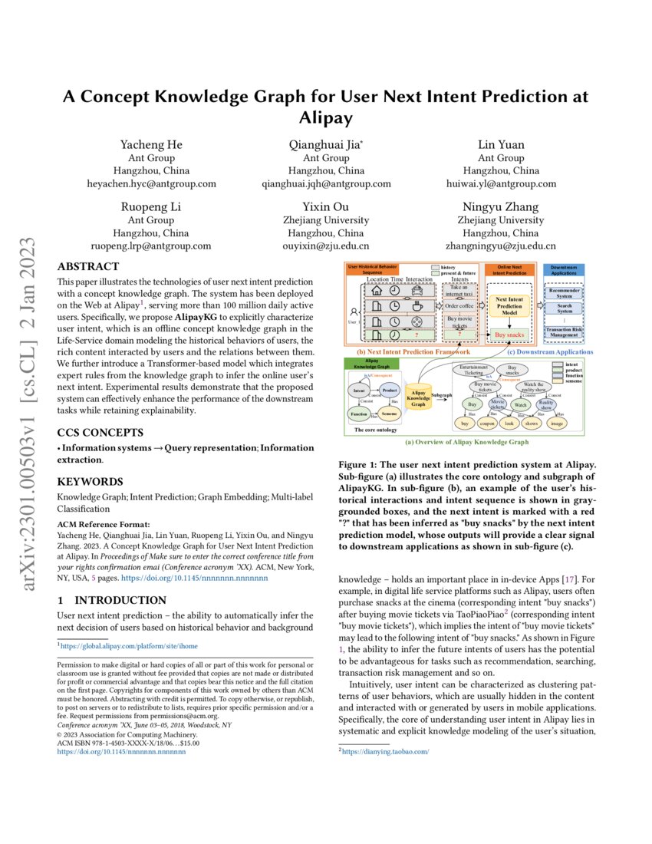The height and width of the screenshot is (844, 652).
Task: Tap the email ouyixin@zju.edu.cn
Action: point(326,246)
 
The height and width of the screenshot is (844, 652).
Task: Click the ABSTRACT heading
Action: point(89,267)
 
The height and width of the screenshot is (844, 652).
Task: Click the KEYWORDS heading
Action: point(90,482)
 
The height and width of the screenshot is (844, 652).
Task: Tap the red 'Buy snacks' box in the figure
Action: point(510,335)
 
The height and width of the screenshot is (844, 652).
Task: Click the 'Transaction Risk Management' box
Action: point(564,331)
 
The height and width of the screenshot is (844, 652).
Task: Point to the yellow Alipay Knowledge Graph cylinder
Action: point(418,396)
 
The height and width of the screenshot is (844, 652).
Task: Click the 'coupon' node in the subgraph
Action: point(486,423)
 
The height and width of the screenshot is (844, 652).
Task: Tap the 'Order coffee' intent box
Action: point(459,305)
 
